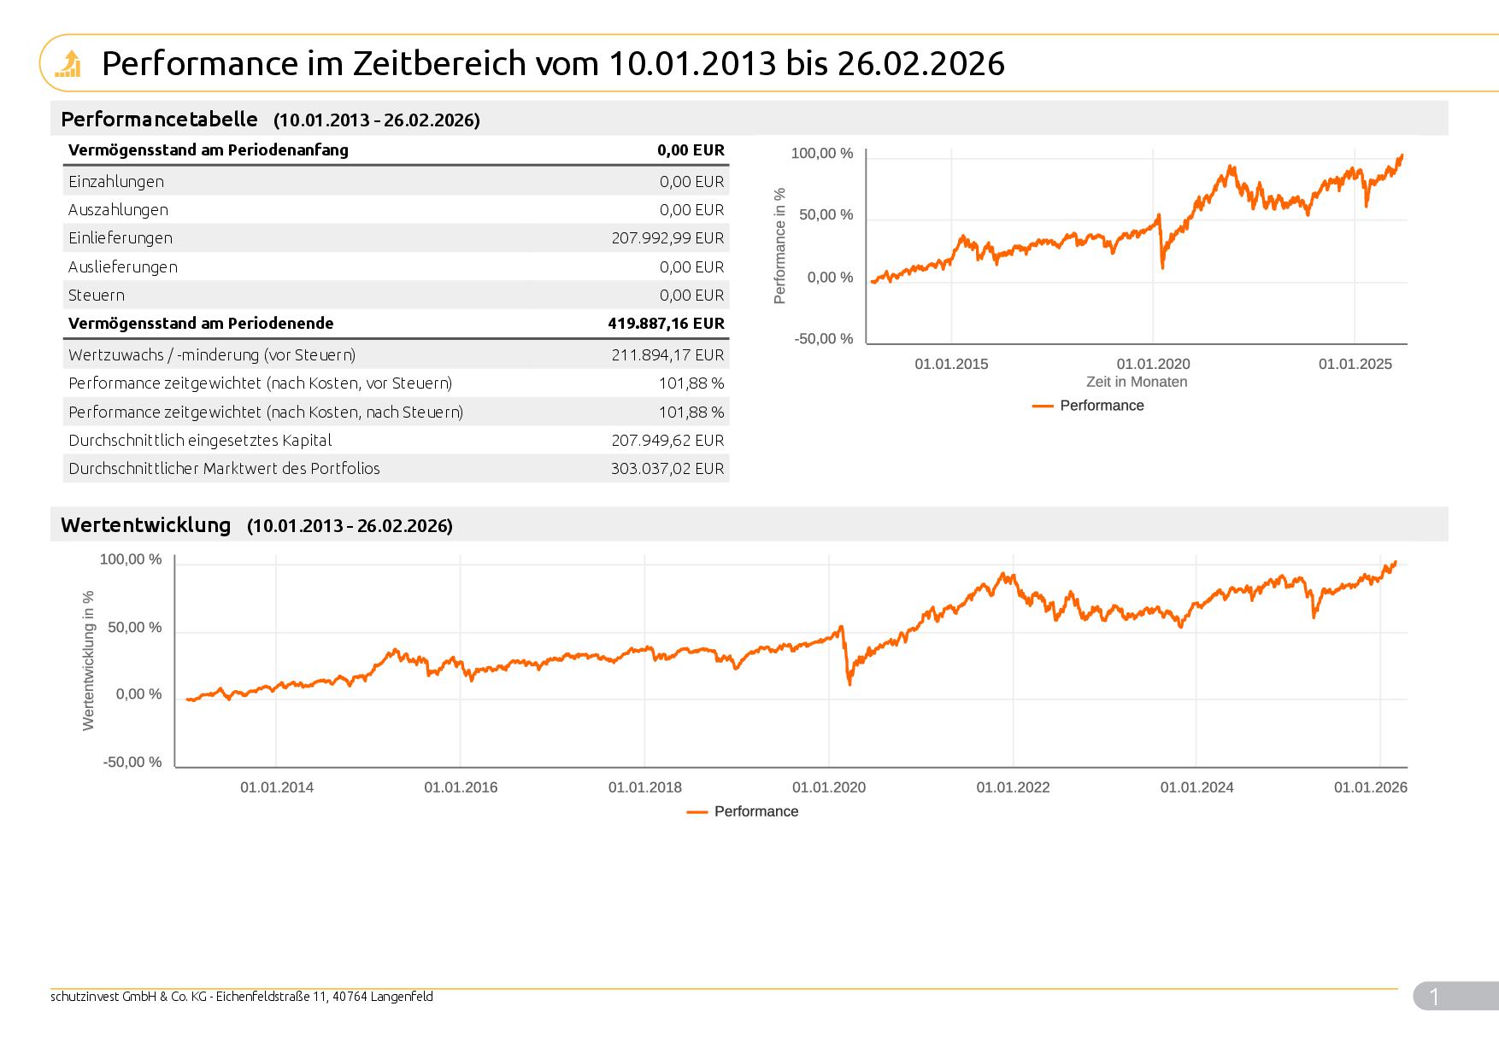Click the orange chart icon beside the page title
(x=68, y=64)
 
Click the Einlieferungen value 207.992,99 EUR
(x=667, y=238)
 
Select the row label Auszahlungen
(x=118, y=210)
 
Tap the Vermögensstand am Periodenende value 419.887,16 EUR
(x=666, y=324)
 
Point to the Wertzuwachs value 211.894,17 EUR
(x=667, y=355)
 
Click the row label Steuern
(x=97, y=295)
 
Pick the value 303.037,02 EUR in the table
(x=667, y=469)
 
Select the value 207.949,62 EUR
(x=667, y=441)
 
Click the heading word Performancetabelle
(x=159, y=119)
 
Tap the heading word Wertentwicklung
(x=146, y=525)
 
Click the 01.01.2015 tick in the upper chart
(x=951, y=365)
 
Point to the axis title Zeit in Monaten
(x=1137, y=383)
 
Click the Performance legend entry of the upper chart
(x=1101, y=406)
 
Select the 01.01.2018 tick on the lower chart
(x=644, y=787)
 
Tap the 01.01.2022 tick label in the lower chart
(x=1013, y=787)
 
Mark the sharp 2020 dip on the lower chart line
(x=849, y=682)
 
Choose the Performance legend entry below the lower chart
(x=755, y=811)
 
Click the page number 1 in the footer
(x=1434, y=997)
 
